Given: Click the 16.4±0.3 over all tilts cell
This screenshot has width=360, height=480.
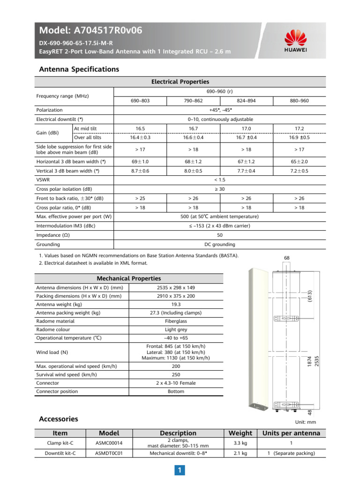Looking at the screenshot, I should (x=140, y=137).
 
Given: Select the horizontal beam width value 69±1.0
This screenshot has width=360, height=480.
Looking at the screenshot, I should (x=140, y=161).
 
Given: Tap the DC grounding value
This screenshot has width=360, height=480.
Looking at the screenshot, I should (x=220, y=244).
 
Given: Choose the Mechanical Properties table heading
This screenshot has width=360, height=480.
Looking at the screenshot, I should (x=128, y=278).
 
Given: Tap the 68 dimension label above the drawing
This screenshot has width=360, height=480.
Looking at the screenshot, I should (x=287, y=258).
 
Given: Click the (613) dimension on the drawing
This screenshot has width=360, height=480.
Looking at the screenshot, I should (x=309, y=295).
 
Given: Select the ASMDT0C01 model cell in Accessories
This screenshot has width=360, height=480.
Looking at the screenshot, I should (x=109, y=453).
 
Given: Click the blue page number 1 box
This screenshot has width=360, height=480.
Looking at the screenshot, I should (x=180, y=470).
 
